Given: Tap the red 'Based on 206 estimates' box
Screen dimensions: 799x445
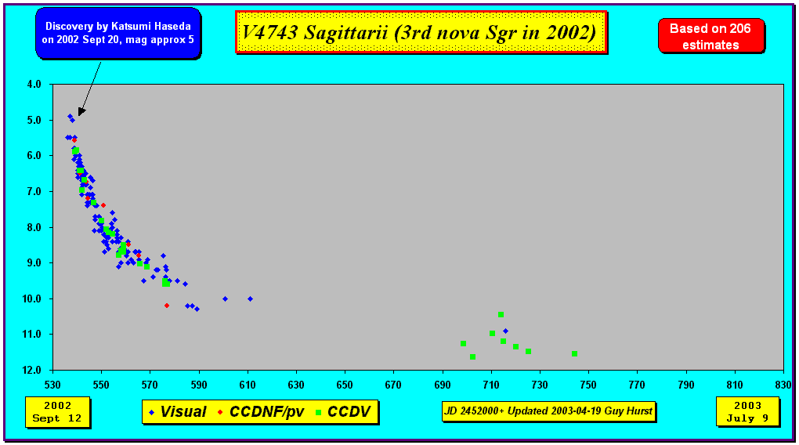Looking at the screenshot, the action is [x=710, y=36].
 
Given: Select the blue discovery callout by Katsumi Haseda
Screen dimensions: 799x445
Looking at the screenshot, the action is [x=118, y=33].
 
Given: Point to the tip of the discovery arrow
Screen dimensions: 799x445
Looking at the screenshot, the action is [x=79, y=115].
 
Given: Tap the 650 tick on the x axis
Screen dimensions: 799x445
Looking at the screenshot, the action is [x=345, y=385].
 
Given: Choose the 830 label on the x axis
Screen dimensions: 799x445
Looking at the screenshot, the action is [x=783, y=385].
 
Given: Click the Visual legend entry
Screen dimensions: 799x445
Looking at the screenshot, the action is [x=177, y=412].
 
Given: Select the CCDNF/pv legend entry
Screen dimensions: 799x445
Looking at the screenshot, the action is [x=262, y=412].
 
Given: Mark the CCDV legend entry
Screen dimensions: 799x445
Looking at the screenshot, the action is [x=343, y=412].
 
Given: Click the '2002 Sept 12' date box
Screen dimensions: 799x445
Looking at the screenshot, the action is [x=58, y=412].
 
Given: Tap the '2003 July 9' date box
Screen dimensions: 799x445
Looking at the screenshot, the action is [x=747, y=412].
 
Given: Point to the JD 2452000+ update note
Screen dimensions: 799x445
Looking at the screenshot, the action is [x=548, y=411].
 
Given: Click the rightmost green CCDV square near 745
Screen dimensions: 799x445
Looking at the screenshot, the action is [x=574, y=354].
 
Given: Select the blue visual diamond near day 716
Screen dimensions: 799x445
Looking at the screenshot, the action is [x=505, y=331].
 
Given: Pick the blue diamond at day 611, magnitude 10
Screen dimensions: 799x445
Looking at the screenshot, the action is [x=250, y=299].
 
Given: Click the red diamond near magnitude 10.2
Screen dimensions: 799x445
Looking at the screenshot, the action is [x=167, y=306].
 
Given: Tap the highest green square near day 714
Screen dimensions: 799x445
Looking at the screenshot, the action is [x=501, y=314].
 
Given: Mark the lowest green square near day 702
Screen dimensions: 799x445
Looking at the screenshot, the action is [x=473, y=356].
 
